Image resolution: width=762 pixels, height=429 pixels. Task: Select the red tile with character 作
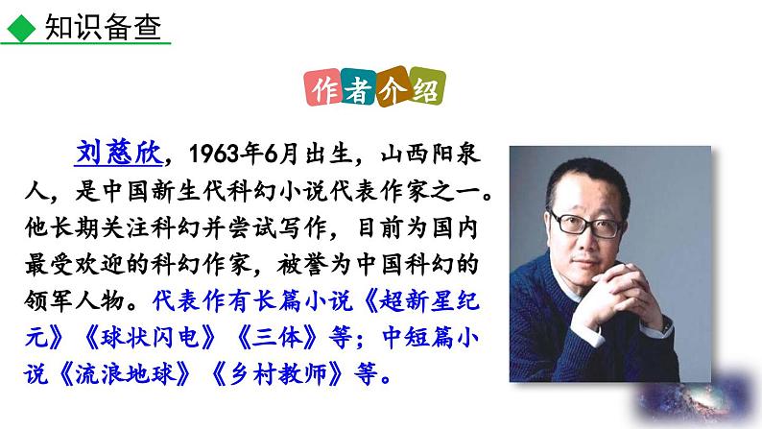pos(326,91)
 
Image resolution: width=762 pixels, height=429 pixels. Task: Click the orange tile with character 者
pos(361,91)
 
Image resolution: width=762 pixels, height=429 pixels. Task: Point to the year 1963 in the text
pos(215,154)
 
